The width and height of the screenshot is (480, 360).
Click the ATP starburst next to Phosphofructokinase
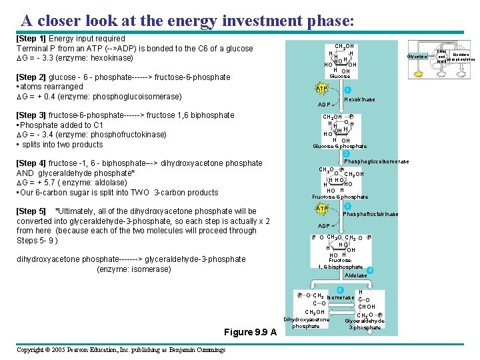(322, 209)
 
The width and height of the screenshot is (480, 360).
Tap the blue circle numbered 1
(348, 91)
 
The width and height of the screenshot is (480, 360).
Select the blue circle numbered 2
(347, 153)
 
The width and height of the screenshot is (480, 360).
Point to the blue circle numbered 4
(370, 270)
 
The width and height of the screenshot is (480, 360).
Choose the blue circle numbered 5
(340, 289)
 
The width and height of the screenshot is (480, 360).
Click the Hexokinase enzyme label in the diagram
(359, 99)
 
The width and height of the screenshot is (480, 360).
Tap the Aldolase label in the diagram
(355, 275)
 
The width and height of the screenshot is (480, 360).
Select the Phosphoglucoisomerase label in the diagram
(377, 161)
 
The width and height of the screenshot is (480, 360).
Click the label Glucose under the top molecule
(340, 77)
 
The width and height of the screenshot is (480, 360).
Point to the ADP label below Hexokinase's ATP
(325, 105)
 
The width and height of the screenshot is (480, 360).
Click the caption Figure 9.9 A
(250, 332)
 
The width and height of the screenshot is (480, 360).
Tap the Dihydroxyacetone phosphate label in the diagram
(306, 323)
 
